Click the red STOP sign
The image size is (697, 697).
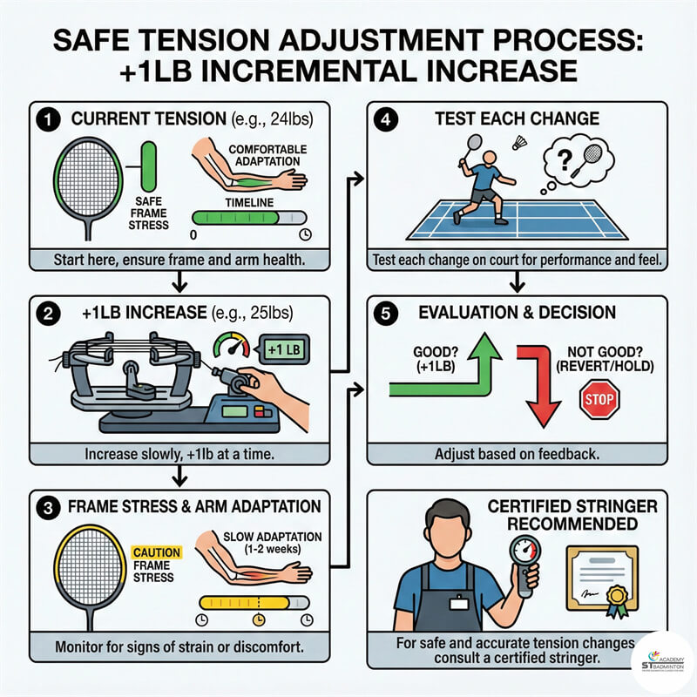[599, 399]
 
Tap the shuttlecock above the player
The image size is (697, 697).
[519, 143]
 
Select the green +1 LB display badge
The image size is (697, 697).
[284, 349]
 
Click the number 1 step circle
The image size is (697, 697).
[48, 119]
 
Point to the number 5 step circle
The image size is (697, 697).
[386, 314]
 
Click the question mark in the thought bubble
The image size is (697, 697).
[565, 160]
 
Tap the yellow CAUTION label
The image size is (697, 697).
[157, 552]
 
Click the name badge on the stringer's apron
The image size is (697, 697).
[459, 603]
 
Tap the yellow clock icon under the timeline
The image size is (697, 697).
[259, 619]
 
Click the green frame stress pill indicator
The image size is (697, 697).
[148, 166]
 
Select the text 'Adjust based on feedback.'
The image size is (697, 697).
[517, 454]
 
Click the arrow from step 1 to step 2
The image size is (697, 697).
[179, 281]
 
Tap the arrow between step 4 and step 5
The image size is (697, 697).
[517, 281]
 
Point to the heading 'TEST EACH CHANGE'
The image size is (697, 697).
[517, 118]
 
